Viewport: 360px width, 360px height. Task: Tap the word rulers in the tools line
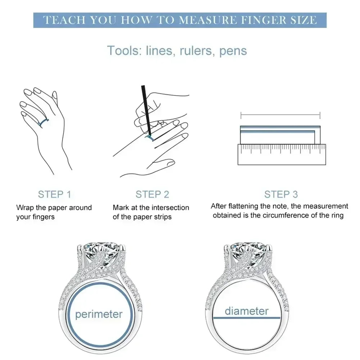coord(195,50)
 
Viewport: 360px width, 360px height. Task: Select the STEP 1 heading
coord(54,194)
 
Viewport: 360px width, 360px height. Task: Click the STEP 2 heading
coord(152,194)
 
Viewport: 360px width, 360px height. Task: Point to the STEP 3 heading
coord(281,194)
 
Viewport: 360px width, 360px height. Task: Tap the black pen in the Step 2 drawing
coord(146,111)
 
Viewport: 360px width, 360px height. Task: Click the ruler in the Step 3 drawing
coord(282,154)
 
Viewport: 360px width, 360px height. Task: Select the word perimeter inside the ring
coord(99,314)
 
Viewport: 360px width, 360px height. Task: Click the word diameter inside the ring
coord(246,311)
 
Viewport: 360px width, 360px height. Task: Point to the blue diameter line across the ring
coord(247,318)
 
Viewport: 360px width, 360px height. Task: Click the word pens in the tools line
coord(233,51)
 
